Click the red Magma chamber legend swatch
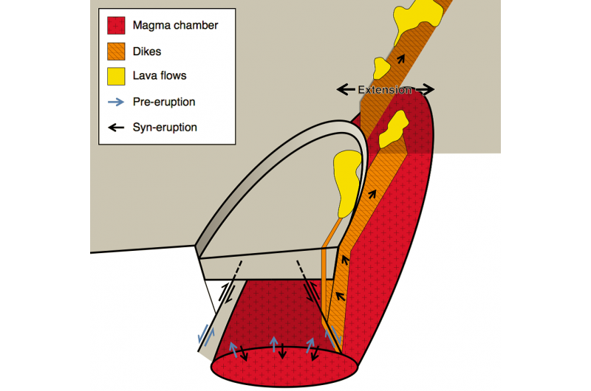(x=115, y=26)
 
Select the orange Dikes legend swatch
(x=115, y=51)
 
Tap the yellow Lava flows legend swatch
(x=115, y=77)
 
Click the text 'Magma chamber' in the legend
(x=175, y=26)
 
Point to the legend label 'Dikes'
(x=147, y=51)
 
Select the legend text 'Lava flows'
(x=160, y=77)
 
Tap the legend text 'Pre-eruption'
(x=164, y=102)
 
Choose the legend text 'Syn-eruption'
(x=165, y=127)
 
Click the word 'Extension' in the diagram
(x=385, y=89)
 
